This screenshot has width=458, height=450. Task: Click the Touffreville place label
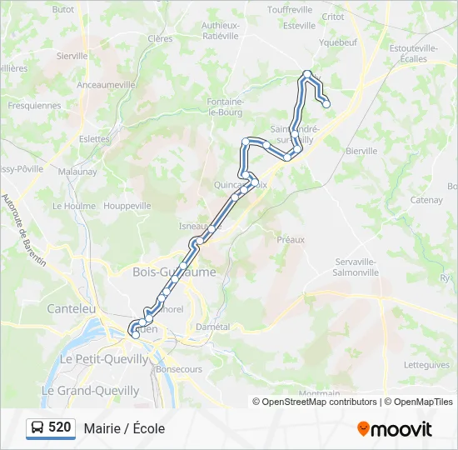click(290, 10)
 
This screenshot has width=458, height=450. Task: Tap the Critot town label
click(332, 17)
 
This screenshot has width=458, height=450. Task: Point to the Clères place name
click(160, 38)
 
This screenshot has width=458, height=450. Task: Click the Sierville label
click(72, 56)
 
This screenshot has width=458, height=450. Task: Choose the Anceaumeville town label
click(106, 85)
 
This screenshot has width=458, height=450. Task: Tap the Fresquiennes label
click(34, 106)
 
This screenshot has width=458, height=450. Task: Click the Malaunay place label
click(77, 172)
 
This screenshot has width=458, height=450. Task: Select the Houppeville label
click(127, 205)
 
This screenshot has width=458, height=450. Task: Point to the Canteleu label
click(72, 308)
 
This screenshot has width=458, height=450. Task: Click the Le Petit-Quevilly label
click(104, 359)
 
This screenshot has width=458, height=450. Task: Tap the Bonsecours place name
click(178, 368)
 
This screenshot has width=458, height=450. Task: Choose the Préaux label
click(291, 239)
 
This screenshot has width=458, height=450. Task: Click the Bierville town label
click(361, 151)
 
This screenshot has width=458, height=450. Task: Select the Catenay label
click(426, 200)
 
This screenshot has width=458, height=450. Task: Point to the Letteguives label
click(426, 365)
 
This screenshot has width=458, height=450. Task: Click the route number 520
click(59, 427)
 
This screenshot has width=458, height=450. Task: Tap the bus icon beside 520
click(37, 428)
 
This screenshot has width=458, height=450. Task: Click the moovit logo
click(395, 429)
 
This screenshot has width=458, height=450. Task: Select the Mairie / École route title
click(124, 428)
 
